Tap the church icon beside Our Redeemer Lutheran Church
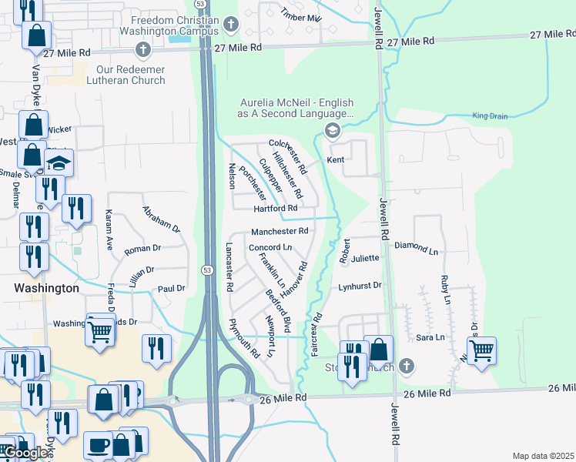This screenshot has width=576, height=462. [141, 51]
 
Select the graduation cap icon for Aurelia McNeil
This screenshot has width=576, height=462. [333, 130]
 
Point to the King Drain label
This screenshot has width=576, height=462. [490, 116]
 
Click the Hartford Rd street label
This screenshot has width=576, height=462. [275, 209]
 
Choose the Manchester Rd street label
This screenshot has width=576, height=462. [279, 231]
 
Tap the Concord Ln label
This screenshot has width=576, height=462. [270, 247]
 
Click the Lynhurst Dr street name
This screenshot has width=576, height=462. [360, 286]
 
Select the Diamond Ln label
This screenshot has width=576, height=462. [415, 251]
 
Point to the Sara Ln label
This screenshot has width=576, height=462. [430, 337]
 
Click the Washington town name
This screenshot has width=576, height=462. [46, 288]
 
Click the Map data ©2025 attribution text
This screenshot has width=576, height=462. [543, 456]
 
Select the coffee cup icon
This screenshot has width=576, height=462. [99, 444]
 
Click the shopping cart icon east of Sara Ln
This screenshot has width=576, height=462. [481, 351]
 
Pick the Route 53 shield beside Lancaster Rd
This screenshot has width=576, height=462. [207, 269]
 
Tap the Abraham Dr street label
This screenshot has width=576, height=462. [160, 219]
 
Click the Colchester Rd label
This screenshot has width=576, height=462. [288, 156]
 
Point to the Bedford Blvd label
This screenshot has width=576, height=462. [277, 304]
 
